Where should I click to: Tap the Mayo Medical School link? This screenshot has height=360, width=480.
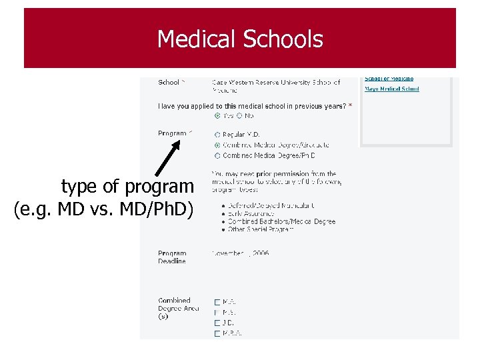(391, 89)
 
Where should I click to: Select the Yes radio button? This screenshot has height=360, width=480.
(217, 115)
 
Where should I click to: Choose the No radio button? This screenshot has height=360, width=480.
(239, 115)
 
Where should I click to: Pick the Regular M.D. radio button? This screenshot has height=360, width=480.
(217, 135)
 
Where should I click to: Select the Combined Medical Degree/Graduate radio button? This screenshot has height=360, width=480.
(217, 145)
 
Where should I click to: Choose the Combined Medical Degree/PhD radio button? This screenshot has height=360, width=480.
(217, 155)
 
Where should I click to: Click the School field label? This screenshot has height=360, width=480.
(169, 83)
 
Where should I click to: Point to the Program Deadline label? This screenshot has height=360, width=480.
(172, 257)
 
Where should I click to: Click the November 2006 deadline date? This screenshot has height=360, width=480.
(240, 253)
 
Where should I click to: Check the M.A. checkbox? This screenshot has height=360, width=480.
(217, 302)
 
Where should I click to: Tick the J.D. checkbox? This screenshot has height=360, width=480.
(217, 323)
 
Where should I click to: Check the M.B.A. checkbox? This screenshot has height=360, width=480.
(217, 333)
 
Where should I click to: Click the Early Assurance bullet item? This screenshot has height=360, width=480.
(250, 214)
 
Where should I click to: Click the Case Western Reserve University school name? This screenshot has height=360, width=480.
(275, 83)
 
